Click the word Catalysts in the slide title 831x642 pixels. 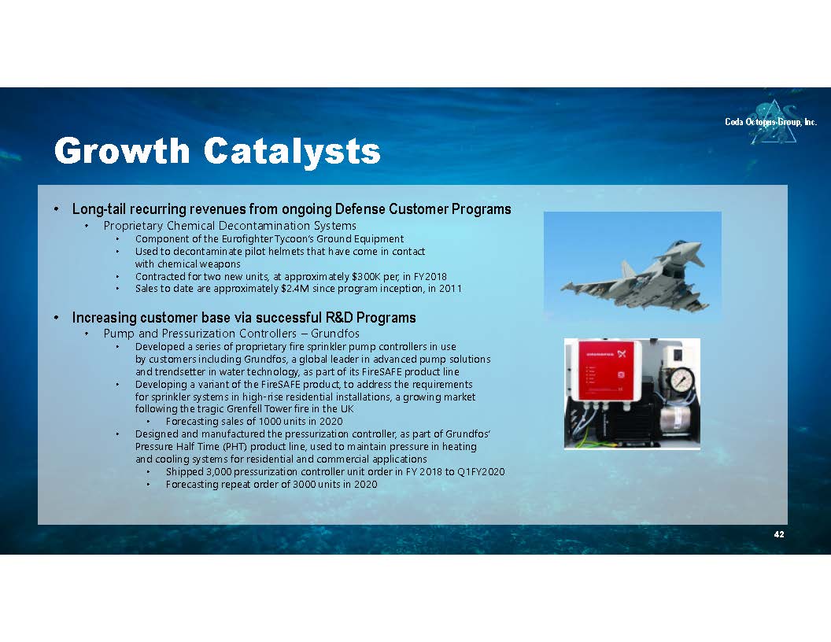pyautogui.click(x=292, y=150)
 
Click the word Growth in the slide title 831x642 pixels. pyautogui.click(x=122, y=150)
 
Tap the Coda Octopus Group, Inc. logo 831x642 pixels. pyautogui.click(x=771, y=122)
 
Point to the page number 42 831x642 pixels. pyautogui.click(x=778, y=534)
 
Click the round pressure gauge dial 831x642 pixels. pyautogui.click(x=681, y=378)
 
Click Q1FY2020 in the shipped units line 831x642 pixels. pyautogui.click(x=481, y=471)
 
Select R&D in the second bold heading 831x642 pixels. pyautogui.click(x=339, y=318)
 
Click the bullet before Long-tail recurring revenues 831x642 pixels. pyautogui.click(x=56, y=209)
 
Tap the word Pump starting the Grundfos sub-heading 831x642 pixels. pyautogui.click(x=120, y=334)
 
